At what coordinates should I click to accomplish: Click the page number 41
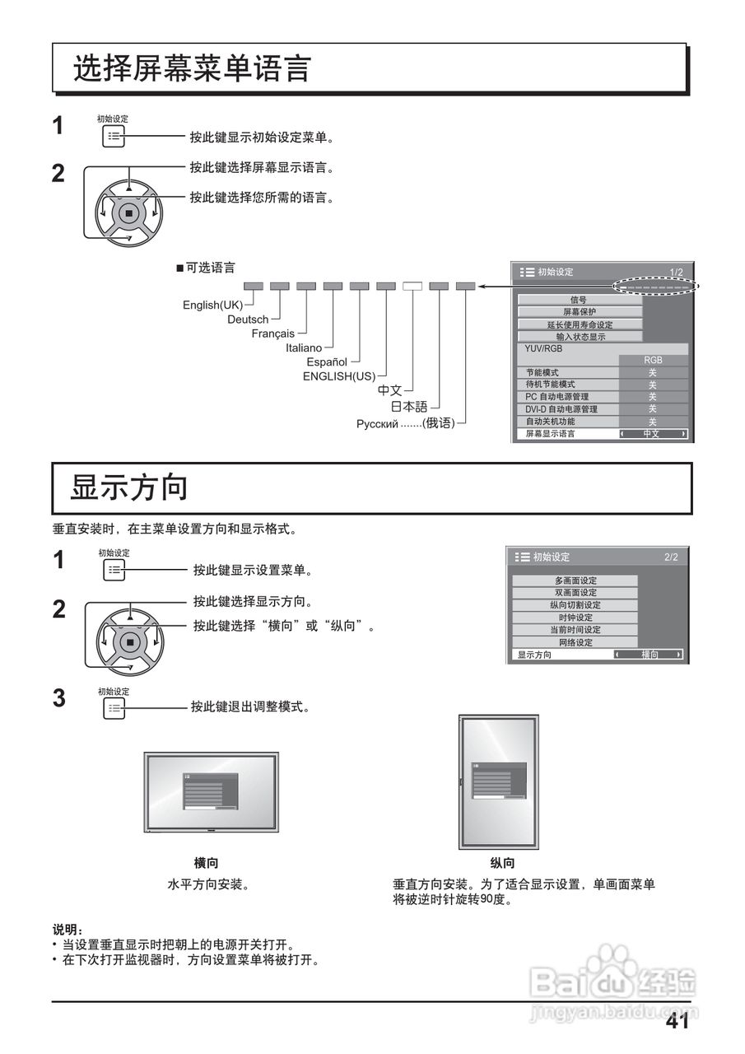677,1023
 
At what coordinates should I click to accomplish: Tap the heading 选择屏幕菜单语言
191,68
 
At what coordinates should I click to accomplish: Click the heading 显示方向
129,487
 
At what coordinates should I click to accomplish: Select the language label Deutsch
248,319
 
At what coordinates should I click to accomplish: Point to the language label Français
272,333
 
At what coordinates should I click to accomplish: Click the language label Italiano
304,347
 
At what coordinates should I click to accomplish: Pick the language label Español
327,361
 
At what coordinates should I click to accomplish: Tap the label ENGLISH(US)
339,376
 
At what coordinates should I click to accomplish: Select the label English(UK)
212,305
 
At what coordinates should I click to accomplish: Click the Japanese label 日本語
409,406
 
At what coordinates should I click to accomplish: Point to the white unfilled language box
412,287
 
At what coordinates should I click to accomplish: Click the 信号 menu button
579,300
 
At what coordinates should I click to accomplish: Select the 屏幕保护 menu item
579,312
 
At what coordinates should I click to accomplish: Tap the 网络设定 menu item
575,642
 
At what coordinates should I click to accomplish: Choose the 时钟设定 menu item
575,618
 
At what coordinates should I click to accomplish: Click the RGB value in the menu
653,360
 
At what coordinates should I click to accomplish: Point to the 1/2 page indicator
676,272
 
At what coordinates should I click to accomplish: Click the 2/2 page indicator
671,557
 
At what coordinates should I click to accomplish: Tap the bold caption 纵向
502,863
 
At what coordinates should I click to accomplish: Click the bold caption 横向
206,863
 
